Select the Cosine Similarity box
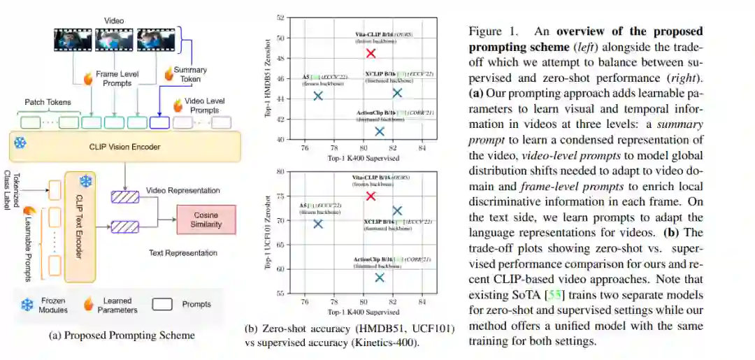pos(206,219)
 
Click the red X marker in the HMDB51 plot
pos(371,54)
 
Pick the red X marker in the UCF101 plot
pos(371,196)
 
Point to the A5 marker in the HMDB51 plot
pos(318,96)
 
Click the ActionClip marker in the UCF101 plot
pos(380,278)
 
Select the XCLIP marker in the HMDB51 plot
pos(397,93)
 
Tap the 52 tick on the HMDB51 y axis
pos(280,17)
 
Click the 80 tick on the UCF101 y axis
pos(280,171)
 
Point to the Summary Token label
pos(190,75)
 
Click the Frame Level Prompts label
pos(117,78)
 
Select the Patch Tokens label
pos(48,102)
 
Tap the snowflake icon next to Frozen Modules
pos(27,304)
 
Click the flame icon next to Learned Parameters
pos(89,304)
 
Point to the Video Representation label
pos(183,190)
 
